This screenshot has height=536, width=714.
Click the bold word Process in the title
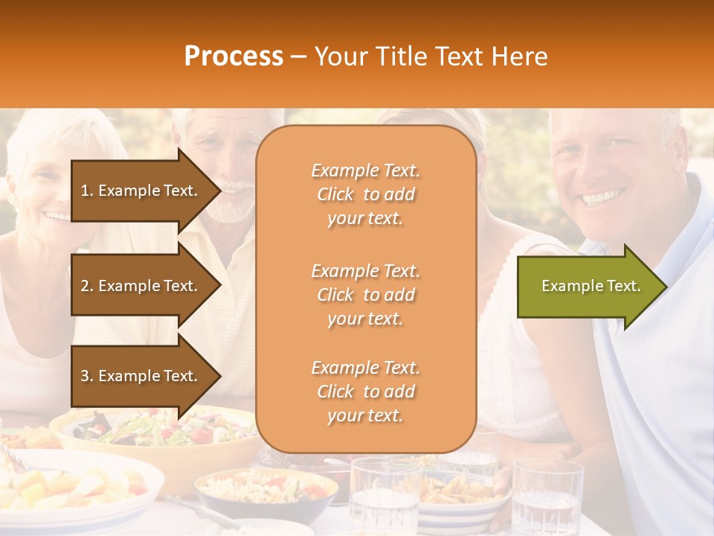[234, 57]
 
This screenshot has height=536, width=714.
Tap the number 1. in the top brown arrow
[87, 191]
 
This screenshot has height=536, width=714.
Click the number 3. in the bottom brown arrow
[87, 376]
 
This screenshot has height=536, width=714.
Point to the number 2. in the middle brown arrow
[87, 286]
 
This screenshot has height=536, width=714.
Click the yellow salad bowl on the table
[156, 432]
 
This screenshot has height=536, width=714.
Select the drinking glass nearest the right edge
[547, 495]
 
